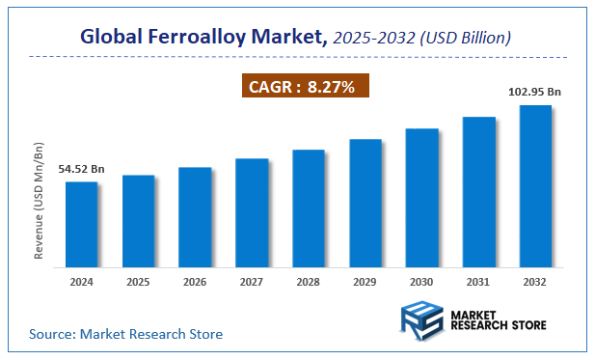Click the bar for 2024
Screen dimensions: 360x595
click(81, 223)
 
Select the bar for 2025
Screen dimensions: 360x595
click(138, 220)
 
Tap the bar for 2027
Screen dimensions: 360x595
click(252, 211)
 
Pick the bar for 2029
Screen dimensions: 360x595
click(365, 202)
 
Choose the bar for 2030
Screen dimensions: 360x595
click(421, 196)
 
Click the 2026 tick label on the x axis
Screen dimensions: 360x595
click(195, 281)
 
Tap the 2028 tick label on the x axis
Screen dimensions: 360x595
click(309, 281)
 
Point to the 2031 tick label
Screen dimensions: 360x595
click(478, 281)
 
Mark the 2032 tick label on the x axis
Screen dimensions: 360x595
click(535, 281)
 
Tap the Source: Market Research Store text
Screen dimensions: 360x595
click(125, 334)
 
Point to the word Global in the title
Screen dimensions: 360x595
click(115, 38)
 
